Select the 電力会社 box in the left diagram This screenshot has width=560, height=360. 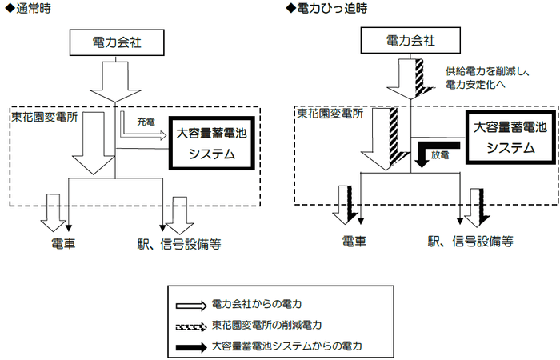point(117,41)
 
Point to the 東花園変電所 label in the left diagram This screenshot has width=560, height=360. point(40,117)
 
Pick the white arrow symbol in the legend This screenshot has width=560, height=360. point(191,304)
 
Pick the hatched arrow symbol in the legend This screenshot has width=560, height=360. point(191,326)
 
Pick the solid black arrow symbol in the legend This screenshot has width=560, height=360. point(191,346)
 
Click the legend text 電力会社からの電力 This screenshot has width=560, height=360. point(257,304)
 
